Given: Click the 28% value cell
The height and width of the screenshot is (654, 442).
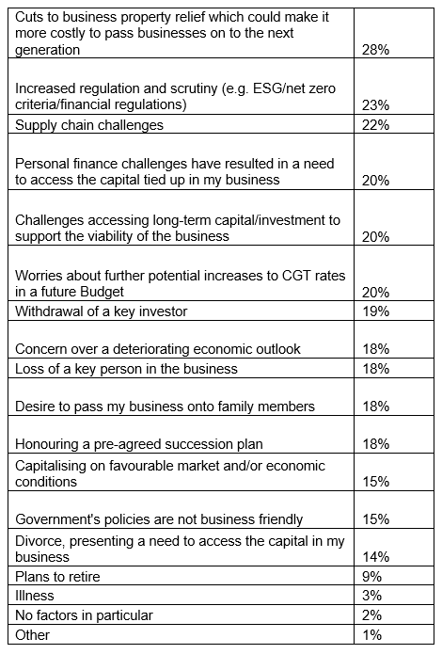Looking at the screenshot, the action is [375, 50].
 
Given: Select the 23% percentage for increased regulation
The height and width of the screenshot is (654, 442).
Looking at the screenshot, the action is [375, 104].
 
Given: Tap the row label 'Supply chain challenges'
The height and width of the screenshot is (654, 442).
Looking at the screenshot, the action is [89, 125].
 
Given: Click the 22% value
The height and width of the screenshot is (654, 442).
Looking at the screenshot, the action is [375, 125].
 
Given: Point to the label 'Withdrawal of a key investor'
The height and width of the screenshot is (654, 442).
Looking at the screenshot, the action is [102, 311].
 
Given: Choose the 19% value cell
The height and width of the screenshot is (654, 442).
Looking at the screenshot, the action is [375, 311].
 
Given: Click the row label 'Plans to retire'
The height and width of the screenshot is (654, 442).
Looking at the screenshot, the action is [57, 577].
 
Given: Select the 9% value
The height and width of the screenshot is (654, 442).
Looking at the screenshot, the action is [371, 577].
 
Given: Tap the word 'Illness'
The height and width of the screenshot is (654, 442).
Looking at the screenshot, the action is [35, 596].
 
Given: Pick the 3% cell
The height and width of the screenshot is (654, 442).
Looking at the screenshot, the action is [371, 596].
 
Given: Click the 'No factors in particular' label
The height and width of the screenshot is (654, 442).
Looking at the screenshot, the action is [84, 615].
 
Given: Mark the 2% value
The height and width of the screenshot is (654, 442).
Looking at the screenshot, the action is [371, 615].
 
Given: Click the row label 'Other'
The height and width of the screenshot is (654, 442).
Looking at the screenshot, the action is [32, 635].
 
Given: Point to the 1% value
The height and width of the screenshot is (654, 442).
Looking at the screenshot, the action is [371, 635].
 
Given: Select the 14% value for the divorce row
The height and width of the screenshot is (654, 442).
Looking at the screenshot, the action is [375, 557].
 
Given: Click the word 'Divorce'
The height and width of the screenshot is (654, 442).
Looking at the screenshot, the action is [40, 541].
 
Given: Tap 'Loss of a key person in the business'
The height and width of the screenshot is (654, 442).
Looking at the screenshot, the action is [126, 369].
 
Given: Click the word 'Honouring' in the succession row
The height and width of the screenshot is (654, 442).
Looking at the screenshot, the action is [46, 444].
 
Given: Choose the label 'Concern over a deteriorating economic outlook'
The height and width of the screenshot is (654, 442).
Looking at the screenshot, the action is [158, 349].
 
